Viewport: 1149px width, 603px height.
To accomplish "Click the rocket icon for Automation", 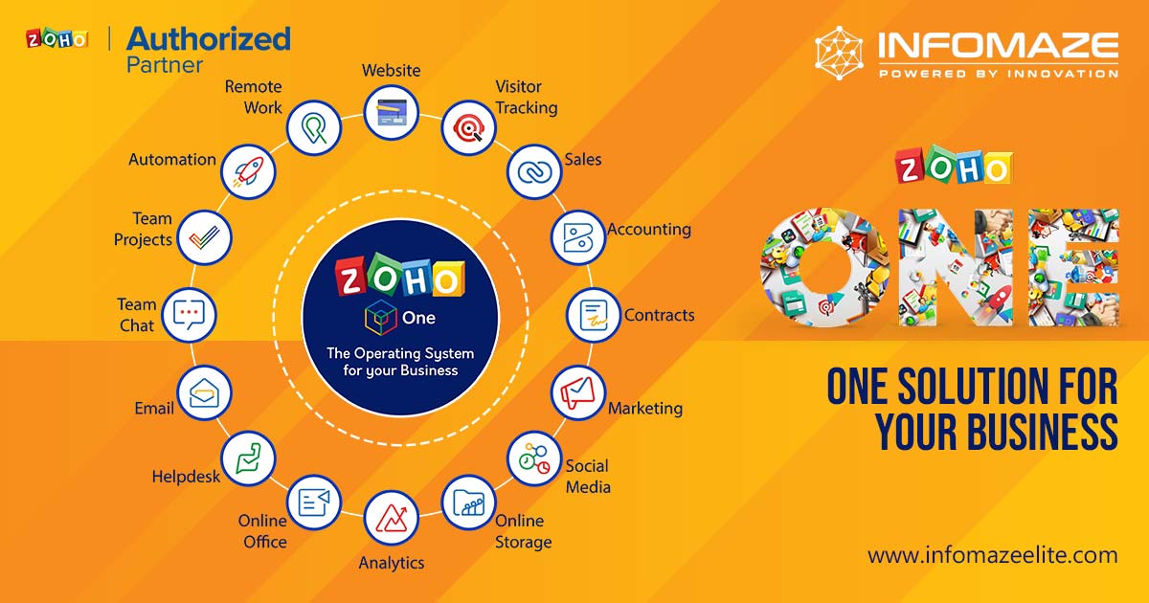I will pyautogui.click(x=248, y=172).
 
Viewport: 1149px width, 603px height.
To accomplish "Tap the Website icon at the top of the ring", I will pyautogui.click(x=392, y=114).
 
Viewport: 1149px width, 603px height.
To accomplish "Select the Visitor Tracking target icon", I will pyautogui.click(x=469, y=126).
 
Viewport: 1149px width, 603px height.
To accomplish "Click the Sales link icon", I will pyautogui.click(x=533, y=172).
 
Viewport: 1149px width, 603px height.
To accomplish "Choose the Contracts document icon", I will pyautogui.click(x=594, y=315).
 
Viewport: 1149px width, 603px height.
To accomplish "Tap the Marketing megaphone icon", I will pyautogui.click(x=578, y=392).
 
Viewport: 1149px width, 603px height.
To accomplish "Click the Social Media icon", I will pyautogui.click(x=533, y=458).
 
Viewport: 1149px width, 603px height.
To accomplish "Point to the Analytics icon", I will pyautogui.click(x=392, y=518).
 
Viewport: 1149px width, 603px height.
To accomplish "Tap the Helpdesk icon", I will pyautogui.click(x=248, y=458).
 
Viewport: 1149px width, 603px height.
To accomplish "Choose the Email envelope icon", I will pyautogui.click(x=205, y=392).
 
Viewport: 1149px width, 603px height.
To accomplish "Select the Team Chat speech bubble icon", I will pyautogui.click(x=190, y=314).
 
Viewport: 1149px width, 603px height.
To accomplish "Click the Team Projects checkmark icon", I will pyautogui.click(x=205, y=236).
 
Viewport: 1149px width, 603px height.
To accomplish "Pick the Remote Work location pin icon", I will pyautogui.click(x=314, y=126).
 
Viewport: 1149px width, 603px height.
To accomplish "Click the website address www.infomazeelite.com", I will pyautogui.click(x=992, y=554).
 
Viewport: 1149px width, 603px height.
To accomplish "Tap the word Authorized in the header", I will pyautogui.click(x=208, y=38).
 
